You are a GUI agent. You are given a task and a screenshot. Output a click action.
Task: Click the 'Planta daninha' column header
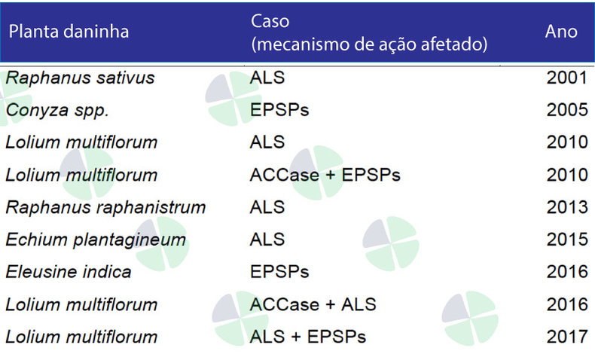point(69,31)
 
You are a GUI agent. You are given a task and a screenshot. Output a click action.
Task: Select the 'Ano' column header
point(561,31)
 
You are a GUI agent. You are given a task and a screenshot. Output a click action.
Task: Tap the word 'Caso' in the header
point(270,21)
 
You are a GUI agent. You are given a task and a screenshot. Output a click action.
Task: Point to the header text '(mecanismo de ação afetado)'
point(369,44)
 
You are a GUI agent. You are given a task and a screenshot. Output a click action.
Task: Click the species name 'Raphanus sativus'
point(81,78)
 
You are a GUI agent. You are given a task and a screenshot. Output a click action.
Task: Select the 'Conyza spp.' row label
point(58,111)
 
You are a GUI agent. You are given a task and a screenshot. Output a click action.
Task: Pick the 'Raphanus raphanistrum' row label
point(106,208)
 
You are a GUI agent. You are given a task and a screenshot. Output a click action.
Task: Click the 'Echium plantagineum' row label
point(96,240)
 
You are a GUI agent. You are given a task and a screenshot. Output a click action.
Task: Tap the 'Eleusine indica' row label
point(69,272)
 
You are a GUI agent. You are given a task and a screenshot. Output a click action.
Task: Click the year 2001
point(567,78)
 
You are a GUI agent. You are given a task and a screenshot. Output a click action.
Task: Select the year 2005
point(567,110)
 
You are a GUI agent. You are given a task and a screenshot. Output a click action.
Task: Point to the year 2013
point(567,207)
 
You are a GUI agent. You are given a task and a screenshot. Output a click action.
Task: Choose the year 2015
point(567,239)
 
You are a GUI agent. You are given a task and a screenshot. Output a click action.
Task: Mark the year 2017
point(567,337)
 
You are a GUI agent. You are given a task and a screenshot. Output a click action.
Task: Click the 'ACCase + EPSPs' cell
point(325,175)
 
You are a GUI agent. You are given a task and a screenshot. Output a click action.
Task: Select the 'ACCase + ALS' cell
point(313,304)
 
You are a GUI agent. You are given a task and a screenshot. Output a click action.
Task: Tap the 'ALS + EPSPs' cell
point(308,337)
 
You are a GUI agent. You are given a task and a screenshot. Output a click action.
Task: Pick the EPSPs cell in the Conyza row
point(279,110)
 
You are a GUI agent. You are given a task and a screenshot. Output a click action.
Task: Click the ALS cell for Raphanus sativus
point(267,78)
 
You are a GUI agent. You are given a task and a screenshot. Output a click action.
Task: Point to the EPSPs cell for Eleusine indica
point(279,272)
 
